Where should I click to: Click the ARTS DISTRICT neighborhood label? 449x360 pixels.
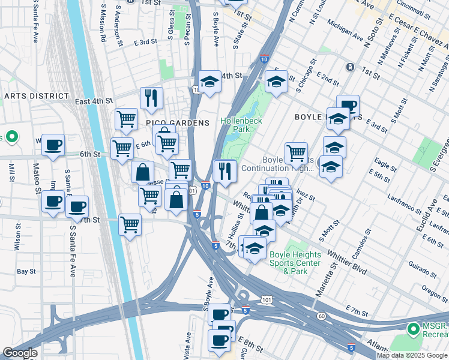pyautogui.click(x=37, y=96)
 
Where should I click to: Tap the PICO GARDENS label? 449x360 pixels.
pyautogui.click(x=178, y=123)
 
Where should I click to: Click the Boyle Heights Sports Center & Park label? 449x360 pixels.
pyautogui.click(x=295, y=263)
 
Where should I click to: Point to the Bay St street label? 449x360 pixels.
pyautogui.click(x=26, y=272)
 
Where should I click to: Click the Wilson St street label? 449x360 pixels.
pyautogui.click(x=18, y=237)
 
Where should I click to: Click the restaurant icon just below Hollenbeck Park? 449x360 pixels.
pyautogui.click(x=226, y=170)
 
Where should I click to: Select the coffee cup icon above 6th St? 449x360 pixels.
pyautogui.click(x=53, y=145)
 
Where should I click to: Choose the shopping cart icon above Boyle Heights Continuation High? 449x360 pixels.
pyautogui.click(x=296, y=152)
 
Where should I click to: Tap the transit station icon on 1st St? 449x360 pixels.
pyautogui.click(x=349, y=67)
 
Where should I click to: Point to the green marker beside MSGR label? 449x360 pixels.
pyautogui.click(x=413, y=329)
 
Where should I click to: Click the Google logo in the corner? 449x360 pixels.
pyautogui.click(x=20, y=353)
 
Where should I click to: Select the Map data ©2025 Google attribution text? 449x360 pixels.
pyautogui.click(x=412, y=355)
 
